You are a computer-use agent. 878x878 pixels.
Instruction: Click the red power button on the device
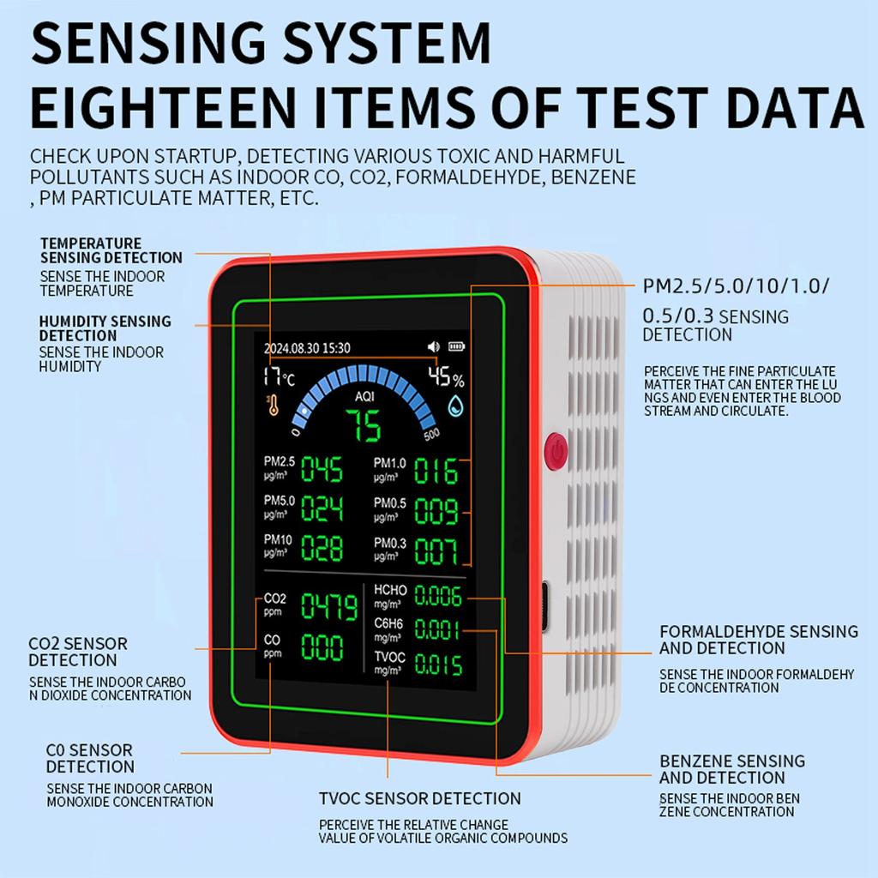(556, 449)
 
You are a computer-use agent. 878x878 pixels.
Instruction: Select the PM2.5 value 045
(322, 470)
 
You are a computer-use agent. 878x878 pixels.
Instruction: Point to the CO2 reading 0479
(328, 608)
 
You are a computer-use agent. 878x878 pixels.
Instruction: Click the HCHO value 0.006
(438, 596)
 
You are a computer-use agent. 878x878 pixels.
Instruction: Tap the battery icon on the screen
(454, 347)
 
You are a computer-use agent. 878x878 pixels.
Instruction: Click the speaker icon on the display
(433, 347)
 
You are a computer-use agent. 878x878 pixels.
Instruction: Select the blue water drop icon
(455, 406)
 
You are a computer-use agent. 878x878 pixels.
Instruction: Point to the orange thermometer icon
(274, 405)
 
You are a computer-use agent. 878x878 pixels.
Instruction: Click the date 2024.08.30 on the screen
(291, 348)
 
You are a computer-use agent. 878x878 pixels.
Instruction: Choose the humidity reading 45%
(446, 377)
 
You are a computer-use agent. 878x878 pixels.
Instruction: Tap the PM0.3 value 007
(436, 551)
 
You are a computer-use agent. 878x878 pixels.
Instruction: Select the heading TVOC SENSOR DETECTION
(420, 798)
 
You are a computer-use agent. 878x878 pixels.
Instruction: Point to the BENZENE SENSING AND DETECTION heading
(732, 769)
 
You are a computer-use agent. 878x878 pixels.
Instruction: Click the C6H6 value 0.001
(438, 630)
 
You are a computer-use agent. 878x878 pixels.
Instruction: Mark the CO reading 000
(322, 648)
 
